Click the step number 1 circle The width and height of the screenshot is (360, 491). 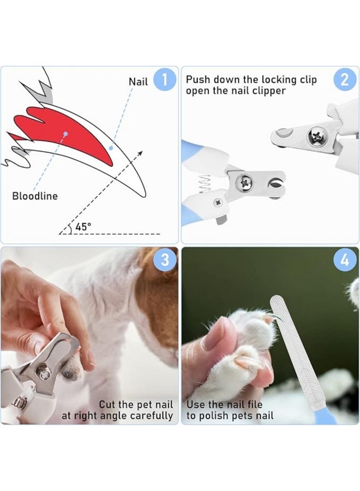[x=165, y=80]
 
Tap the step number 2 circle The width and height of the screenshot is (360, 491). [x=344, y=80]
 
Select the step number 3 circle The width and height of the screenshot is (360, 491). [x=165, y=260]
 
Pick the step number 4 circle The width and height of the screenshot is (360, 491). [x=344, y=260]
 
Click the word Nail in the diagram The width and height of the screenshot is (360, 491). [x=138, y=82]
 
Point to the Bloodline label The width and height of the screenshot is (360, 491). [x=35, y=196]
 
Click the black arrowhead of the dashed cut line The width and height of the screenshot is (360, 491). [x=141, y=153]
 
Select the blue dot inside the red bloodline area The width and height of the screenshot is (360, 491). [x=66, y=134]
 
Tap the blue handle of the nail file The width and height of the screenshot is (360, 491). [x=326, y=417]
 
